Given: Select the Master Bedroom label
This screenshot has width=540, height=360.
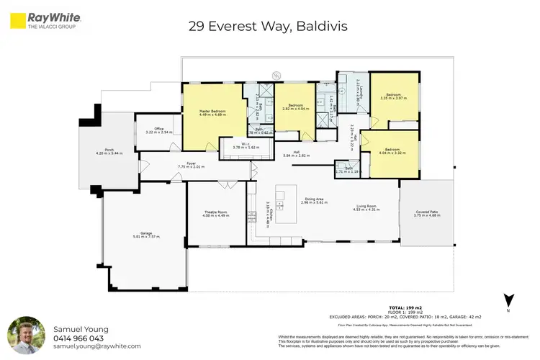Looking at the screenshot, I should (212, 112).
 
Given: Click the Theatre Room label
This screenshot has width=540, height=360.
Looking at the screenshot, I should (215, 213).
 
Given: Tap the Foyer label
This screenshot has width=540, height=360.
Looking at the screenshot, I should (192, 165).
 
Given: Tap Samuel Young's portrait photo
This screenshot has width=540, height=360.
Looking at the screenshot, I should (26, 336).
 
